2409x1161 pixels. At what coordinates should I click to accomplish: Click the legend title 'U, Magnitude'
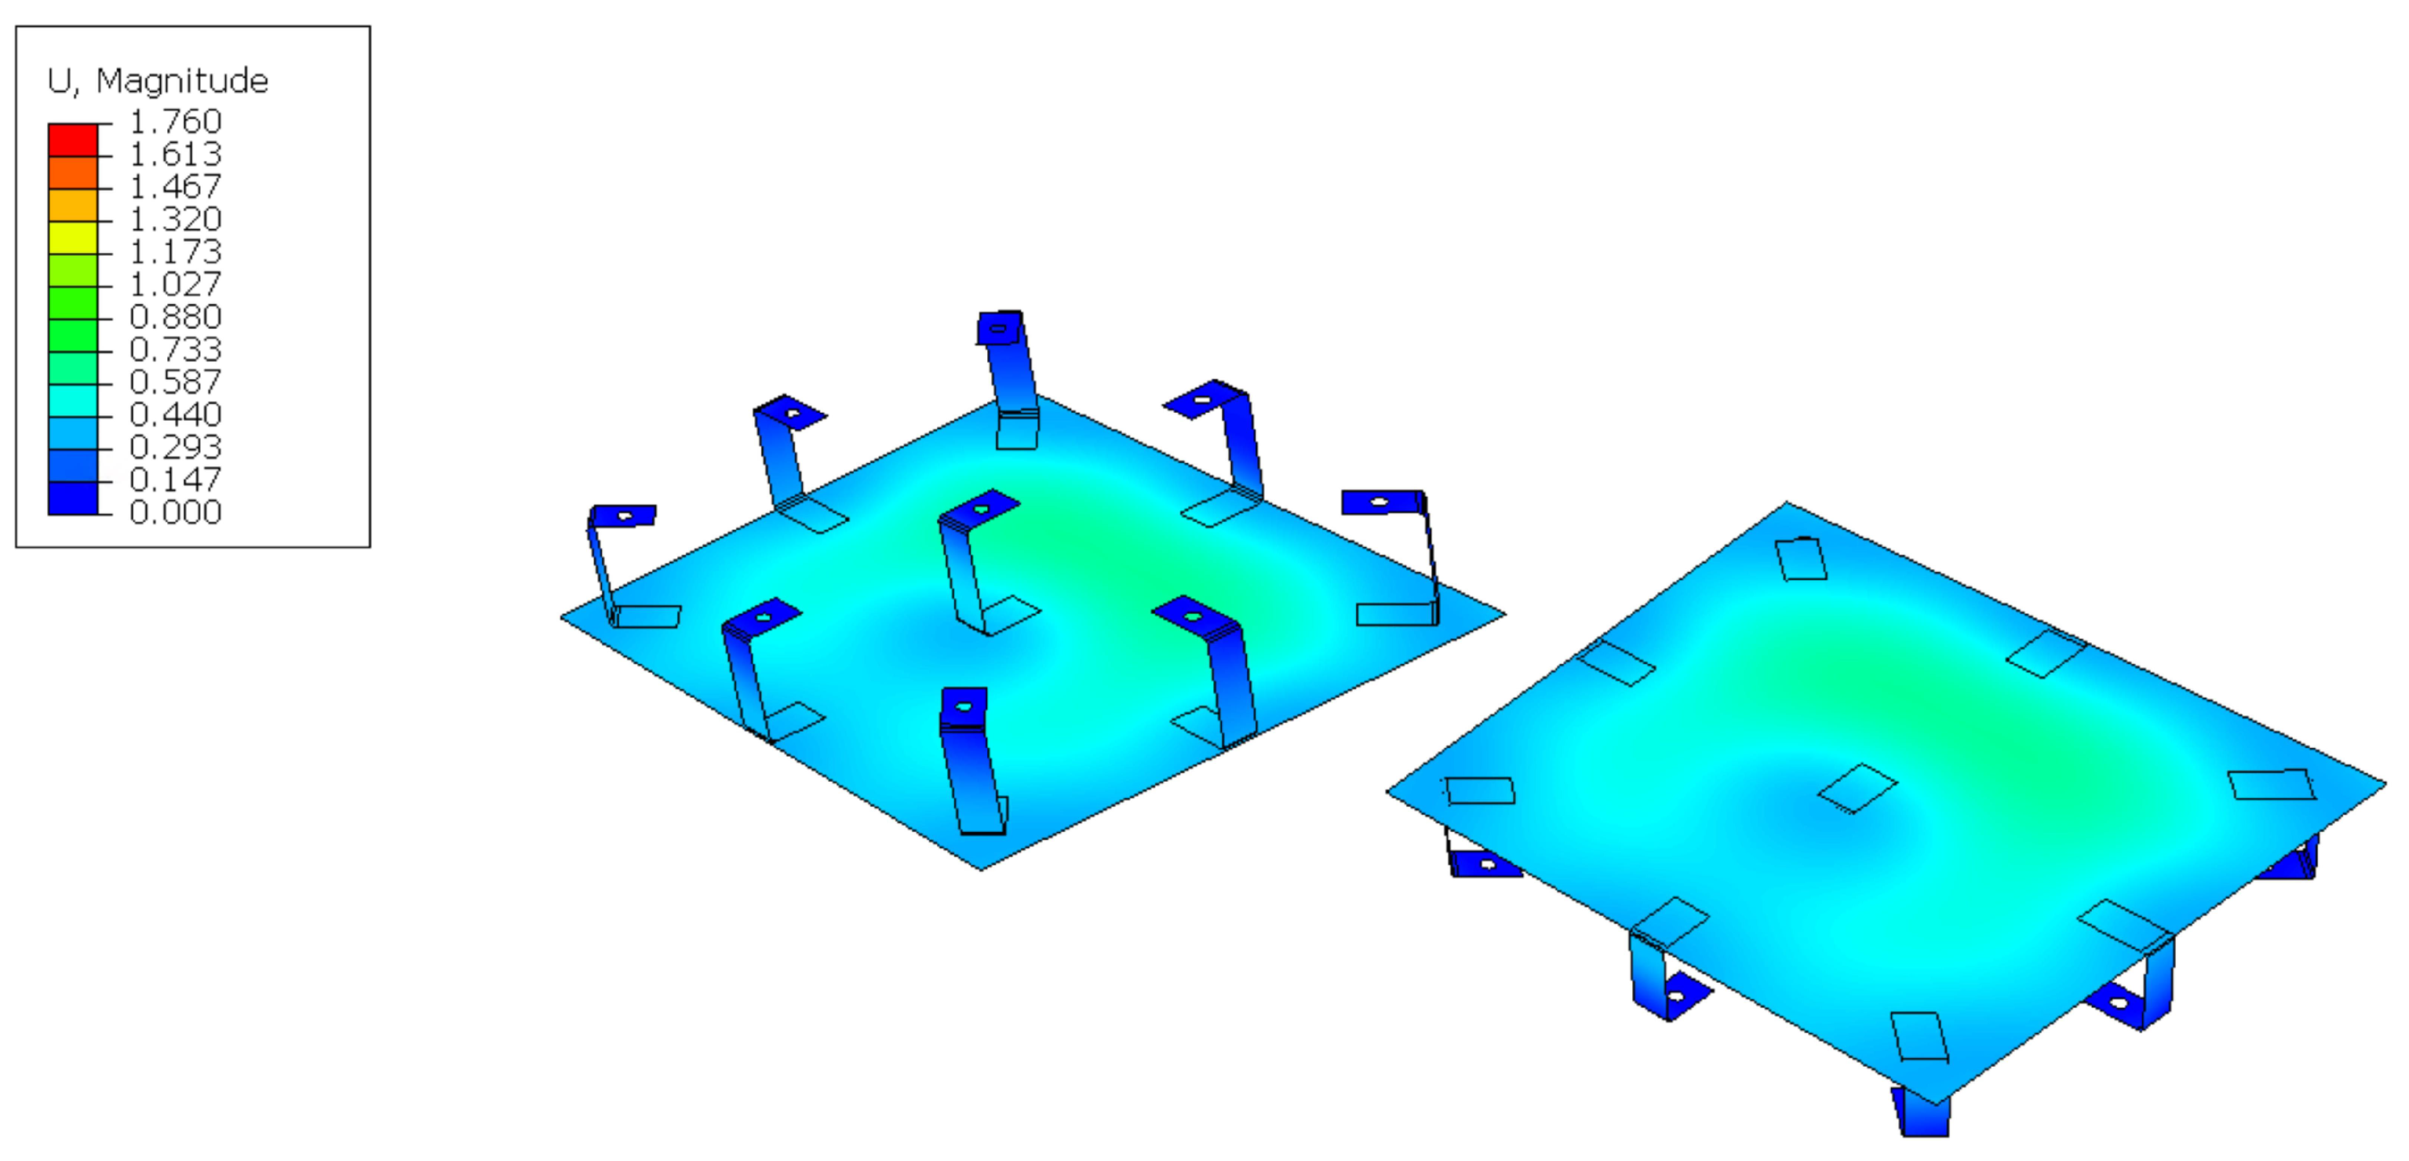click(x=158, y=82)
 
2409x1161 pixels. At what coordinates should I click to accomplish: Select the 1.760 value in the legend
click(x=175, y=122)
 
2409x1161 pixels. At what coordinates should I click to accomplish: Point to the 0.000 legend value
click(x=175, y=512)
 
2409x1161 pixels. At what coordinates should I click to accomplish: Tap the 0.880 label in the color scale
click(x=175, y=316)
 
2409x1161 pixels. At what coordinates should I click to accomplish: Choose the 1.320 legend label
click(x=175, y=219)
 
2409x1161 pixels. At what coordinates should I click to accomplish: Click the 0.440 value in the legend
click(x=175, y=414)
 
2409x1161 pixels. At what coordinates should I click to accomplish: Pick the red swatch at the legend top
click(x=73, y=140)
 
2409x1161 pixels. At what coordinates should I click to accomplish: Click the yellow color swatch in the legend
click(x=73, y=238)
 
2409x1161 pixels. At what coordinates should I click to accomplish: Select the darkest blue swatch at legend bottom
click(x=73, y=498)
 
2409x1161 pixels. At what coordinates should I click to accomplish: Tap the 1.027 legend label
click(x=175, y=283)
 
